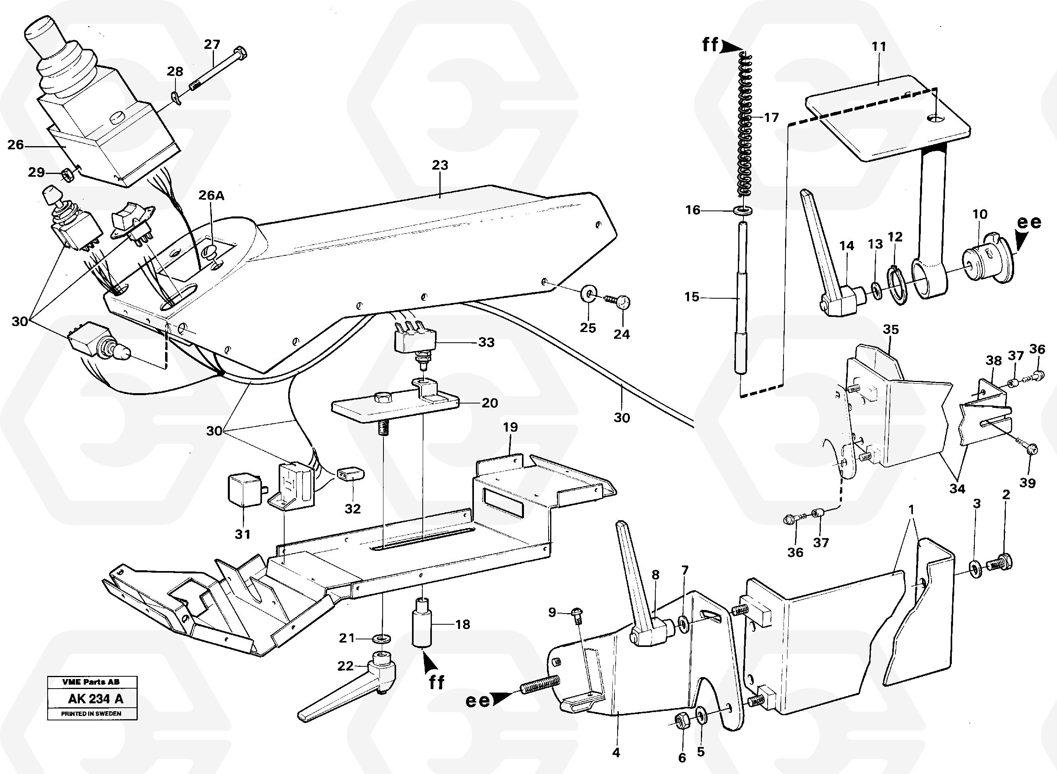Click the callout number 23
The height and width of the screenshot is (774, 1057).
440,165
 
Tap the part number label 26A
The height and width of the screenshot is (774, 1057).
211,195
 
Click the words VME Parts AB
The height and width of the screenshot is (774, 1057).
91,682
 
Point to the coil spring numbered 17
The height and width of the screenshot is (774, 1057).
745,127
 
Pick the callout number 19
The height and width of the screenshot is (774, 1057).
510,427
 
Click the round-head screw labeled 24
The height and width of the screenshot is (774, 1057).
622,303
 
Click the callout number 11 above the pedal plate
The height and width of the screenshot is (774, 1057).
879,47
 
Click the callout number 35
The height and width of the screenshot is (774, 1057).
890,329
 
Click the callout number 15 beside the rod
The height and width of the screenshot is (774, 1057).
691,297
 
